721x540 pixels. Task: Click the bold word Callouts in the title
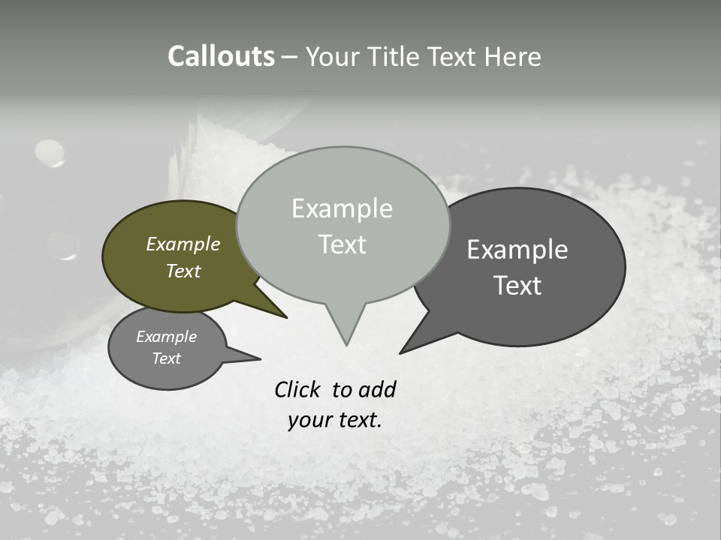pos(221,56)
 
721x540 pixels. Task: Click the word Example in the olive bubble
pos(183,244)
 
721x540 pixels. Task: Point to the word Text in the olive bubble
pos(183,271)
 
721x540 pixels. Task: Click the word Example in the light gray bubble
pos(342,208)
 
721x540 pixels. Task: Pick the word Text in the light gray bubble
pos(342,244)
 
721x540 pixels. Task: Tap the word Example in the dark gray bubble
pos(517,250)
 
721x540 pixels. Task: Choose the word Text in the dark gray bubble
pos(517,285)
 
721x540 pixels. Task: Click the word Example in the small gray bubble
pos(166,337)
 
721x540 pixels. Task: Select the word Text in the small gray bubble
pos(166,358)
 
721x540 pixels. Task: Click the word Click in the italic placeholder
pos(298,389)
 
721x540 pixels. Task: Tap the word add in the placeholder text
pos(377,389)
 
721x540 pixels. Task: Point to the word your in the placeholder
pos(309,420)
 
